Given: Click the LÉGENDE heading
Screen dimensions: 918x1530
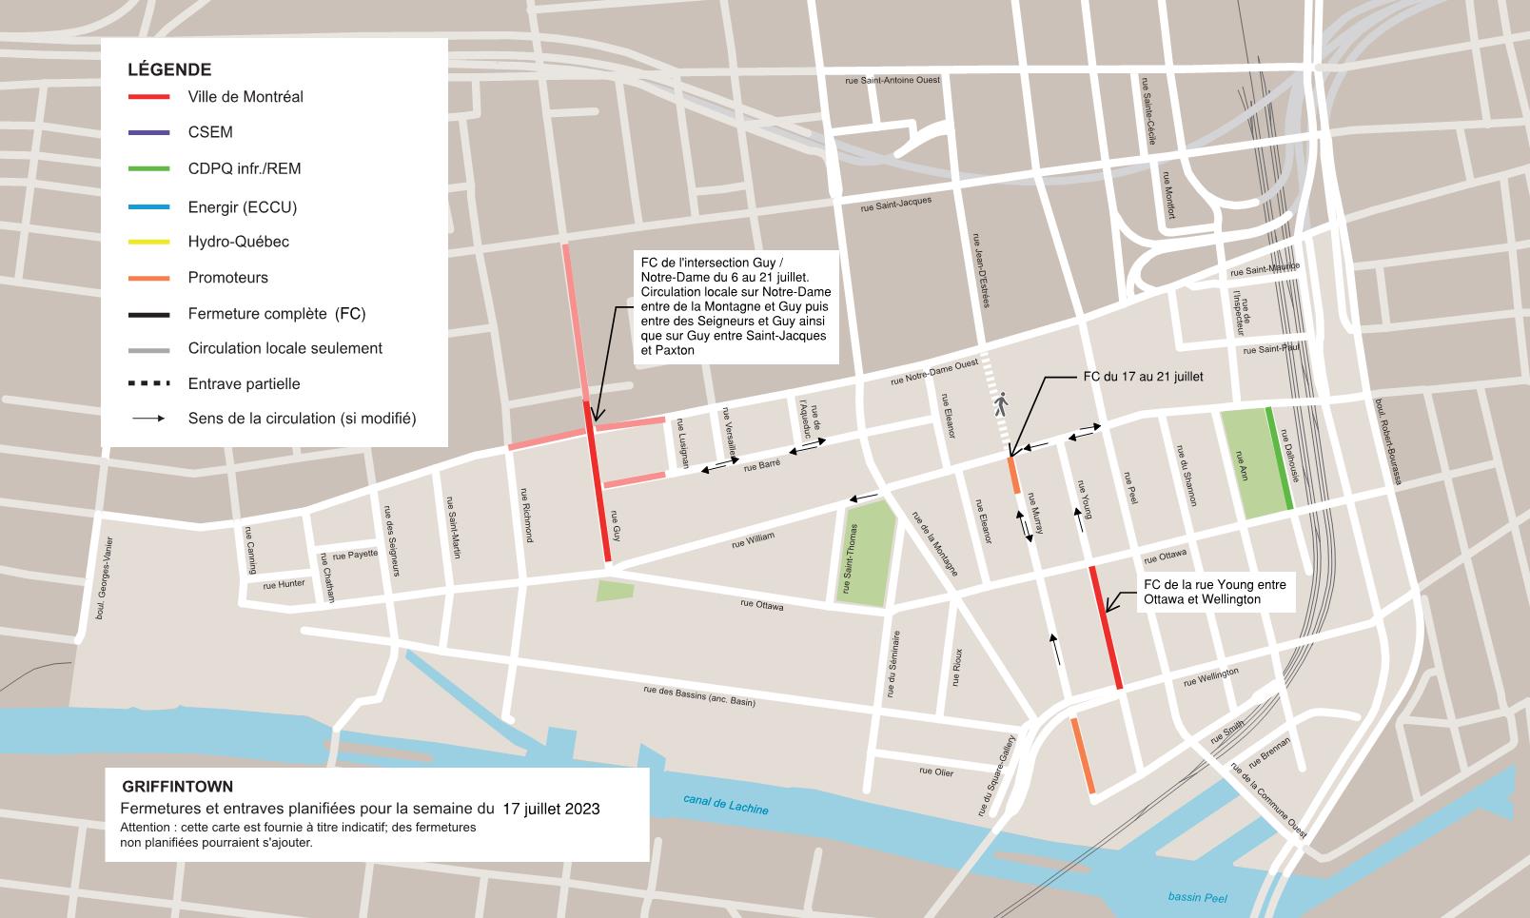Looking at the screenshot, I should pos(169,69).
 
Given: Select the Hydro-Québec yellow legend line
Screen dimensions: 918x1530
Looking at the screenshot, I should pos(149,242).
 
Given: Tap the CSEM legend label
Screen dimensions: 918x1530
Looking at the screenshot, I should pos(210,132).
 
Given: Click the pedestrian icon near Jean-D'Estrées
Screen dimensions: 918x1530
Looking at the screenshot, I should pos(1000,405).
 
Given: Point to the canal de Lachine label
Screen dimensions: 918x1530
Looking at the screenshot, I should pos(725,804).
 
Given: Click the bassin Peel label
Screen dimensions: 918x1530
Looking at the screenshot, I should pos(1197,897).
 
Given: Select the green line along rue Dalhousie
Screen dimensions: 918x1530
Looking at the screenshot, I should pos(1279,459).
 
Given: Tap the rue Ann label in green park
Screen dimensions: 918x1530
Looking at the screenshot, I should pos(1242,463).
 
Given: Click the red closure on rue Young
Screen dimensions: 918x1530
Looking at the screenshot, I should pos(1106,628).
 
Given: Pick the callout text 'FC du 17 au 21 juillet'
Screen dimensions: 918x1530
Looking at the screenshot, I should pos(1143,377).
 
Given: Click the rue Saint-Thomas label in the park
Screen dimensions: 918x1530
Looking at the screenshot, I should pos(853,558).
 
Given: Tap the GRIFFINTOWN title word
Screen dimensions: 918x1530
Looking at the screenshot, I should pos(177,787).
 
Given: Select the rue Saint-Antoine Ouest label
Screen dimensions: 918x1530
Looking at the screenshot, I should pos(892,80).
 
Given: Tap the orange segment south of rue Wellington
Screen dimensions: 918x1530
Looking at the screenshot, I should pos(1083,756).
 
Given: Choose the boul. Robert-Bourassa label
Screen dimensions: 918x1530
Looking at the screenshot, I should pos(1387,441).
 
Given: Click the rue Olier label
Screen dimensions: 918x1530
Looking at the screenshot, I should pos(936,772).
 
